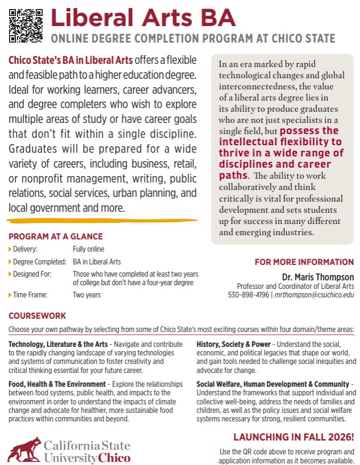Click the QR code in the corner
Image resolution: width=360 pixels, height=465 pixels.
26,26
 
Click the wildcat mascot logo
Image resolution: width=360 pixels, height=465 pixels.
24,449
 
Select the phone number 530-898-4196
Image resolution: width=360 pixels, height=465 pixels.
249,294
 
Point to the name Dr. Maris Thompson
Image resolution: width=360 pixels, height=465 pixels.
318,277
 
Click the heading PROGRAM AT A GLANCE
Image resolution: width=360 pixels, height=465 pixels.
55,237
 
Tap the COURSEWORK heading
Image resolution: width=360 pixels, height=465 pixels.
37,315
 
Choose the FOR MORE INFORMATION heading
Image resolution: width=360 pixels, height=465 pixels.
304,262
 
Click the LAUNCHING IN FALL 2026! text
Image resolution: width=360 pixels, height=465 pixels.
293,437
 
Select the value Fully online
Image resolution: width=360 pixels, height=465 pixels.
88,249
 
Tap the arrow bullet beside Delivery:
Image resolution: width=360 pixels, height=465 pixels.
10,249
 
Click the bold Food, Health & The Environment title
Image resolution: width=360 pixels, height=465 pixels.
56,384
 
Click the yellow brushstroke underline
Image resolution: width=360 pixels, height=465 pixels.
101,219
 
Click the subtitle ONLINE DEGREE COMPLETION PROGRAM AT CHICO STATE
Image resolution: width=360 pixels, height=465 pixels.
193,39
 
